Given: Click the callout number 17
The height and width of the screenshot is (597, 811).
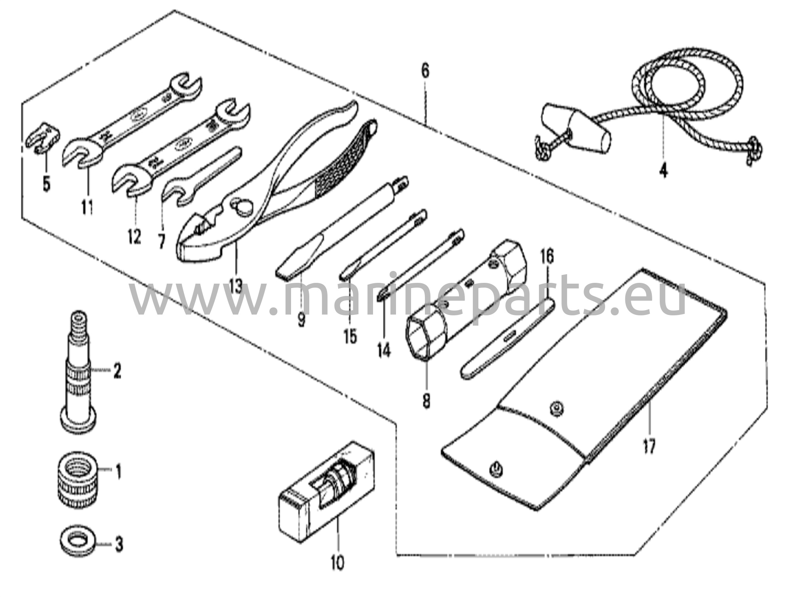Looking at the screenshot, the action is pyautogui.click(x=650, y=446).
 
